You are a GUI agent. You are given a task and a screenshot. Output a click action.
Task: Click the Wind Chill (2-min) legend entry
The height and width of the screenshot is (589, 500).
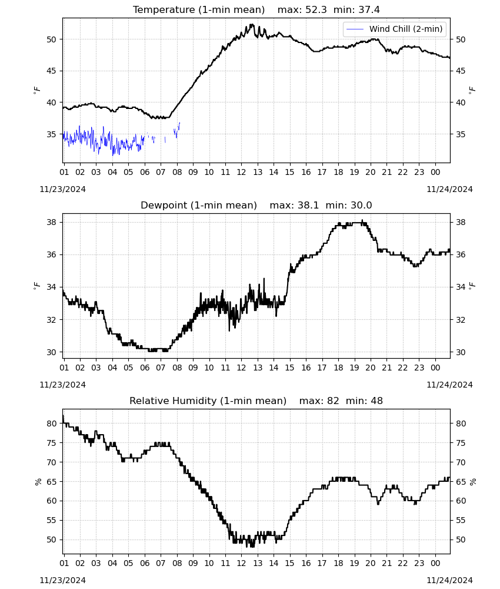point(395,29)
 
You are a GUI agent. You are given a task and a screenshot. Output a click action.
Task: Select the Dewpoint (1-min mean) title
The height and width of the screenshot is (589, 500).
point(199,205)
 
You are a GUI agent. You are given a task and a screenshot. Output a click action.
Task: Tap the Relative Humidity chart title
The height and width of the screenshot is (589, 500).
point(208,401)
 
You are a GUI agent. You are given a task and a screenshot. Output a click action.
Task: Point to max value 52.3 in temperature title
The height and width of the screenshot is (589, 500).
point(316,9)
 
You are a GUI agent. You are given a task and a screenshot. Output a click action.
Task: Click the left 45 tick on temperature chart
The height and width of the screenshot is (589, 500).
point(51,71)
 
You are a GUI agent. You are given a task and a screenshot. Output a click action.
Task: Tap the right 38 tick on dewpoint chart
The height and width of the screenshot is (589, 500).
point(461,223)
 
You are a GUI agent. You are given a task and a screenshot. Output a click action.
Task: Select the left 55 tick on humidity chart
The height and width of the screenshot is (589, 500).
point(51,520)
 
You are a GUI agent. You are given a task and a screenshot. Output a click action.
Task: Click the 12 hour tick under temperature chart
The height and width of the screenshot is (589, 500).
point(241,172)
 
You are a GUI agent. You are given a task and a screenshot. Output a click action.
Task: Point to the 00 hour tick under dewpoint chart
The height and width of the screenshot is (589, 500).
point(435,368)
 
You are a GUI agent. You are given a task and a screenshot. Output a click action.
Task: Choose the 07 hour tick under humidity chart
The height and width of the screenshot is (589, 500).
point(161,563)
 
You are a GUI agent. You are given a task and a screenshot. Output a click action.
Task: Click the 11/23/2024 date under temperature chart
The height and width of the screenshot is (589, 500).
point(62,189)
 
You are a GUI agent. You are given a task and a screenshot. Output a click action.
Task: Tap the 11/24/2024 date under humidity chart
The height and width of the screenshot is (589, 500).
point(449,580)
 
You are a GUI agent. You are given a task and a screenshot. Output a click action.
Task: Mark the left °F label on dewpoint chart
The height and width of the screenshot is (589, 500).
point(36,286)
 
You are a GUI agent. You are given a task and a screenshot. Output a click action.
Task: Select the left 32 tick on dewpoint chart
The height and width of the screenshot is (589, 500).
point(51,320)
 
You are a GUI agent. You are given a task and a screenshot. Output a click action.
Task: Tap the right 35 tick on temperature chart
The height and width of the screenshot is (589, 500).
point(461,134)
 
